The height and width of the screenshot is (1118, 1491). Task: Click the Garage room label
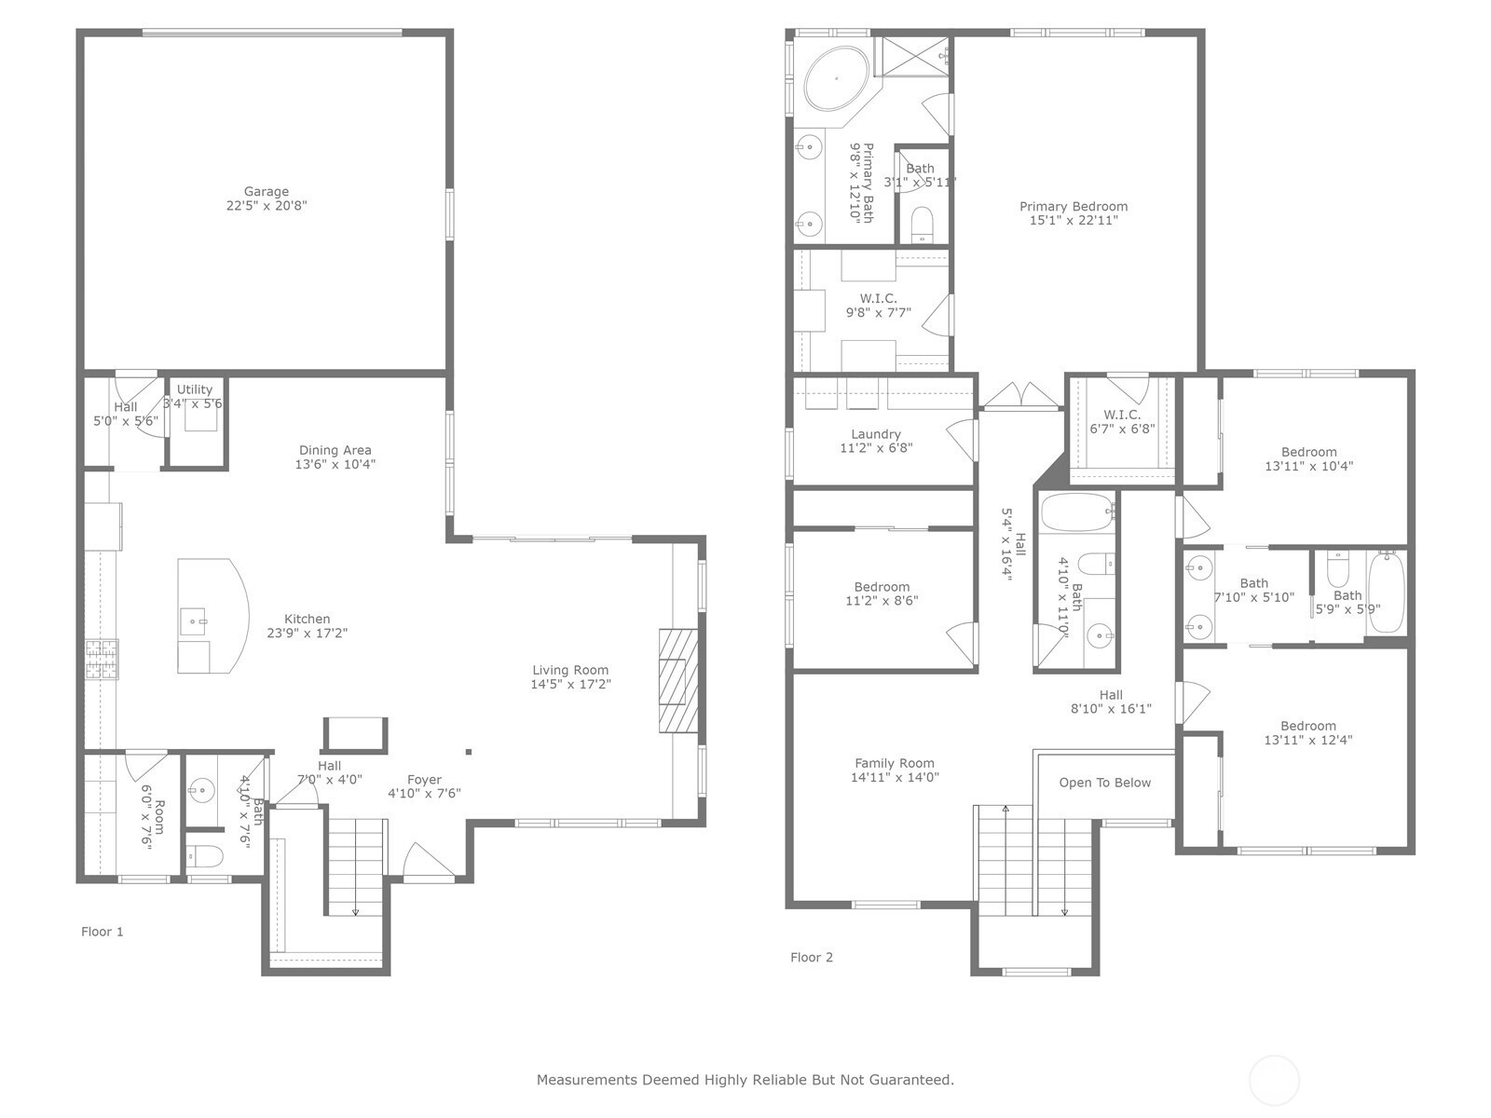point(267,191)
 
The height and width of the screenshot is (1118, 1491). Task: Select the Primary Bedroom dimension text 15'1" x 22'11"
point(1074,220)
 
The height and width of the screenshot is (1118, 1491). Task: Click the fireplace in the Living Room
point(677,680)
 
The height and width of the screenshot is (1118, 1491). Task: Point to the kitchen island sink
point(193,621)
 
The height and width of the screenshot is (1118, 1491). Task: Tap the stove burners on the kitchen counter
point(102,659)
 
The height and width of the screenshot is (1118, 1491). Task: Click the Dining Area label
point(335,450)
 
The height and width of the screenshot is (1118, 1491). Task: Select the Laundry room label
point(876,434)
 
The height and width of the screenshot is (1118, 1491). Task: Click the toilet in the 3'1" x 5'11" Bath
point(922,224)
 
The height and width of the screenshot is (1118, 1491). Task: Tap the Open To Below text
point(1104,783)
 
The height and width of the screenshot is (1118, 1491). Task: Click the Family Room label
point(894,763)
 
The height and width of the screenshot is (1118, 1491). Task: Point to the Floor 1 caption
point(103,932)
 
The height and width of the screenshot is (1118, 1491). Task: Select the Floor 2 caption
point(811,957)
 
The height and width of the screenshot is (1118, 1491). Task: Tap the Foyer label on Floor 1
point(424,779)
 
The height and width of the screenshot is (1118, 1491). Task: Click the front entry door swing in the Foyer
point(429,862)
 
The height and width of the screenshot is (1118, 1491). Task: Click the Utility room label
point(194,389)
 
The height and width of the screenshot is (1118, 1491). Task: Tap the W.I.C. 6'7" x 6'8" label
point(1121,414)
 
